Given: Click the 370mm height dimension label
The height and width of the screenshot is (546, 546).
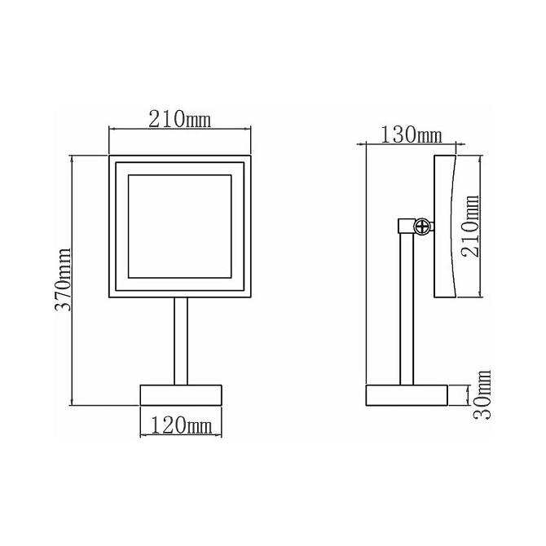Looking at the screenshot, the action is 64,279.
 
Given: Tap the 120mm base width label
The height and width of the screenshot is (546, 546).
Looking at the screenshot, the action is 181,425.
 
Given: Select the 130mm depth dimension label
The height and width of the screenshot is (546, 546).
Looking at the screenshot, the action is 412,134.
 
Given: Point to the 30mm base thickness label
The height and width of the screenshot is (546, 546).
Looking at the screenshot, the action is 482,394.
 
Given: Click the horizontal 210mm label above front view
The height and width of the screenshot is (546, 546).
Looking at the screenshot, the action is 180,119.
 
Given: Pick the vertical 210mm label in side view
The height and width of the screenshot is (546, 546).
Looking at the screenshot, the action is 471,226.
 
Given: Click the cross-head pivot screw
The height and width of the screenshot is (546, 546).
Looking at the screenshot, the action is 421,227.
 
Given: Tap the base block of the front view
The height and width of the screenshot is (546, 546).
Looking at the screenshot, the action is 181,395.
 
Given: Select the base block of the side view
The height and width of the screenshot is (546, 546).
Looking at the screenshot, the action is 407,395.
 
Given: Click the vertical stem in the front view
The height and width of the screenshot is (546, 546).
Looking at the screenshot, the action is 181,341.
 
